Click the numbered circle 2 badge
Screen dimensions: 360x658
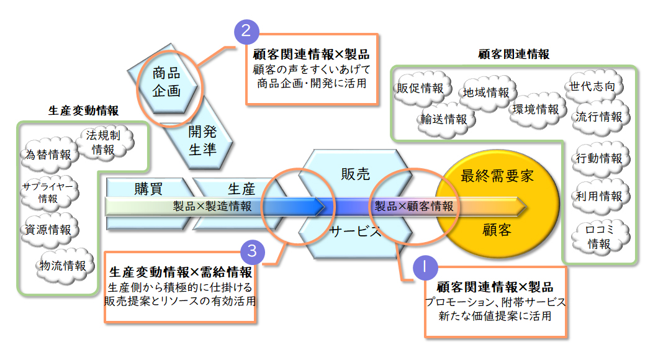coord(246,32)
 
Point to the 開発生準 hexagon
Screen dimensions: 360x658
coord(202,140)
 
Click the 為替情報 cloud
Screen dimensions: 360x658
coord(48,154)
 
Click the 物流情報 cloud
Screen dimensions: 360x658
coord(63,266)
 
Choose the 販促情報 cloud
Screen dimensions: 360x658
coord(420,88)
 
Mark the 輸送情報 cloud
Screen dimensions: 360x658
coord(444,119)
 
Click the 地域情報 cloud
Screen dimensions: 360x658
coord(486,92)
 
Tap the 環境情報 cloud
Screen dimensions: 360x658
coord(536,109)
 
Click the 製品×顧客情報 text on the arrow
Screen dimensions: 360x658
coord(413,205)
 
